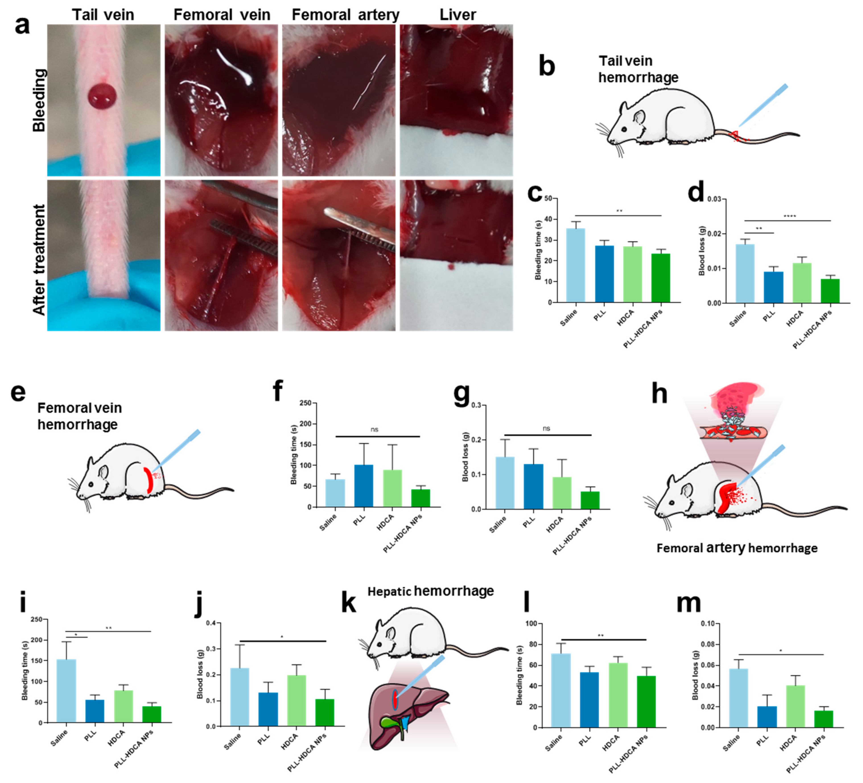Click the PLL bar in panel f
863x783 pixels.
pyautogui.click(x=363, y=486)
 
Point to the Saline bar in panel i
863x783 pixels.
pyautogui.click(x=66, y=691)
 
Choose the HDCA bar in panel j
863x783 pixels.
pyautogui.click(x=296, y=700)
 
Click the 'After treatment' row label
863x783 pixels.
pyautogui.click(x=39, y=260)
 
